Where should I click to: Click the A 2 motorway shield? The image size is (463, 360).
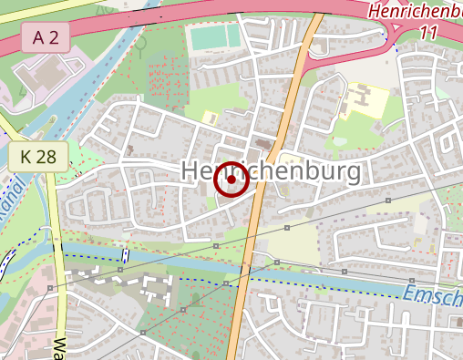(x=45, y=37)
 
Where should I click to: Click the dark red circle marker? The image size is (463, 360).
(x=231, y=180)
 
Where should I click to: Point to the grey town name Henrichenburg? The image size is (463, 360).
(x=272, y=170)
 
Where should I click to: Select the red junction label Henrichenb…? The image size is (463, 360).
(x=416, y=12)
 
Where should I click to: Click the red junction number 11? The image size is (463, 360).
(x=432, y=32)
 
